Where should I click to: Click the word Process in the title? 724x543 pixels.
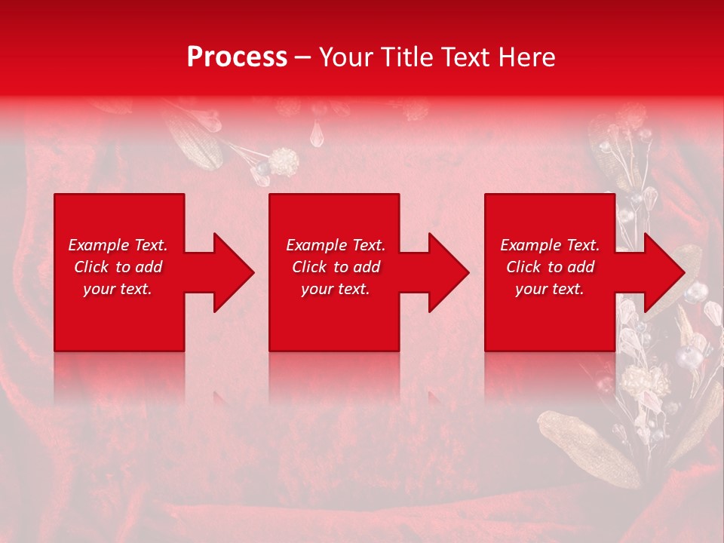coord(237,57)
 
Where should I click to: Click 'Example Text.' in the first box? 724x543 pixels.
coord(118,245)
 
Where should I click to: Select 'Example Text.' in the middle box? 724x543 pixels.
coord(336,245)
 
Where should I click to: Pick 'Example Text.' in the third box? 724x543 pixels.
coord(550,245)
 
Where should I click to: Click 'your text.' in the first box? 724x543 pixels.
coord(118,289)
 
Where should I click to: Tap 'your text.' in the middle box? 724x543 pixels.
coord(336,289)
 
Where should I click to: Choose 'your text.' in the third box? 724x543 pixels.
coord(550,289)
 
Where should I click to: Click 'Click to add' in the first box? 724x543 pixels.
coord(118,267)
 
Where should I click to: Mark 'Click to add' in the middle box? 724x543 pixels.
coord(336,267)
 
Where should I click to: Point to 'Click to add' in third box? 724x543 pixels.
coord(550,267)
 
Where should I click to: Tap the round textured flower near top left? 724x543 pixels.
coord(285,161)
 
